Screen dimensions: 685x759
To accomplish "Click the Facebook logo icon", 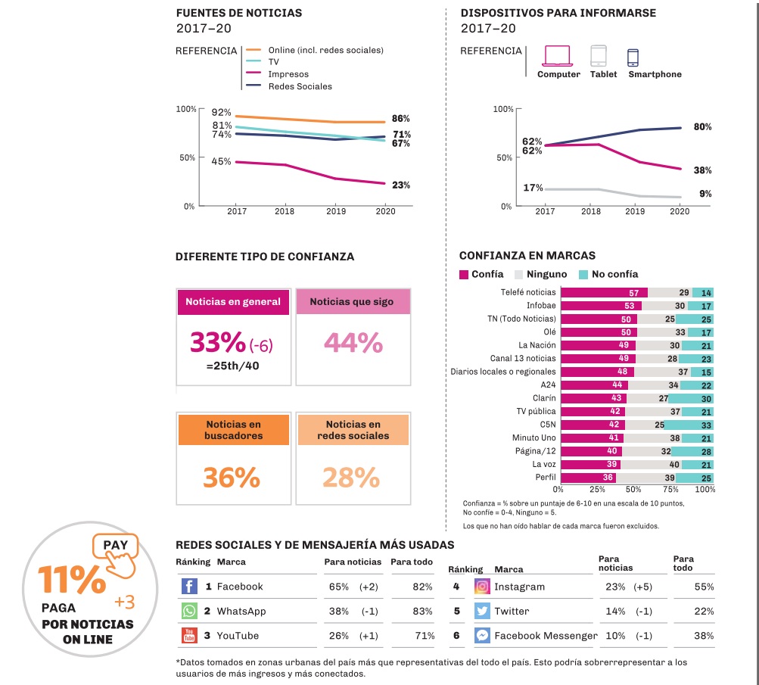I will [x=189, y=587].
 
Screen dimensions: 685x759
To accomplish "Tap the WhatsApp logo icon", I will [x=189, y=611].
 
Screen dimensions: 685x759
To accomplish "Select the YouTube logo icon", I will [x=189, y=636].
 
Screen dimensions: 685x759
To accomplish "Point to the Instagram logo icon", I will [x=482, y=587].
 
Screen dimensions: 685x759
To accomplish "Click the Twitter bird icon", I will [x=482, y=611].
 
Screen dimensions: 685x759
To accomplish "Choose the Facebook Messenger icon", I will [x=482, y=636].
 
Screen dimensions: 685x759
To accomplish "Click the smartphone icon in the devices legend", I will [x=633, y=58].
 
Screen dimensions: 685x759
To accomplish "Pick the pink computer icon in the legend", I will [x=558, y=57].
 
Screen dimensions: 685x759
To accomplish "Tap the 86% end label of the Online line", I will [x=401, y=119].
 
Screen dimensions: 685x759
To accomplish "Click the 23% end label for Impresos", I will [x=401, y=185].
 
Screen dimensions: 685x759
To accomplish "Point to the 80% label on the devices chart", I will [x=702, y=126].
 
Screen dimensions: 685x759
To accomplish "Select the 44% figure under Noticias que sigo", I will [x=353, y=343].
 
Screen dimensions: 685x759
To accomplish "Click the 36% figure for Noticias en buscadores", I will [x=232, y=478].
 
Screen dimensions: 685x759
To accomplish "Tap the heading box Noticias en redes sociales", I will [x=353, y=430].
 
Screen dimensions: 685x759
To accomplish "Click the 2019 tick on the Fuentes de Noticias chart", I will [x=335, y=212].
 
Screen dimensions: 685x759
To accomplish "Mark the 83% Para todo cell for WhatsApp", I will [x=423, y=611].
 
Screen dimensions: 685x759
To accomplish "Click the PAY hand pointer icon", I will [x=117, y=557].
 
